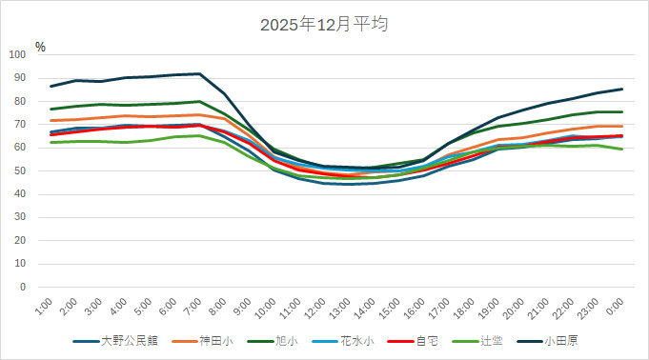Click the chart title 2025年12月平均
tap(324, 25)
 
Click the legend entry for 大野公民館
tap(125, 341)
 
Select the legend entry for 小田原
tap(565, 341)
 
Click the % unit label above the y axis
tap(40, 46)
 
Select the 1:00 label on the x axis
tap(42, 307)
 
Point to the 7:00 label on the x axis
tap(191, 307)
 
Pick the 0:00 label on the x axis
tap(614, 307)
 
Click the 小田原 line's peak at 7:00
tap(199, 73)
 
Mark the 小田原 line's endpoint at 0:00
tap(622, 89)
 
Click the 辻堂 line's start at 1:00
tap(51, 142)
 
